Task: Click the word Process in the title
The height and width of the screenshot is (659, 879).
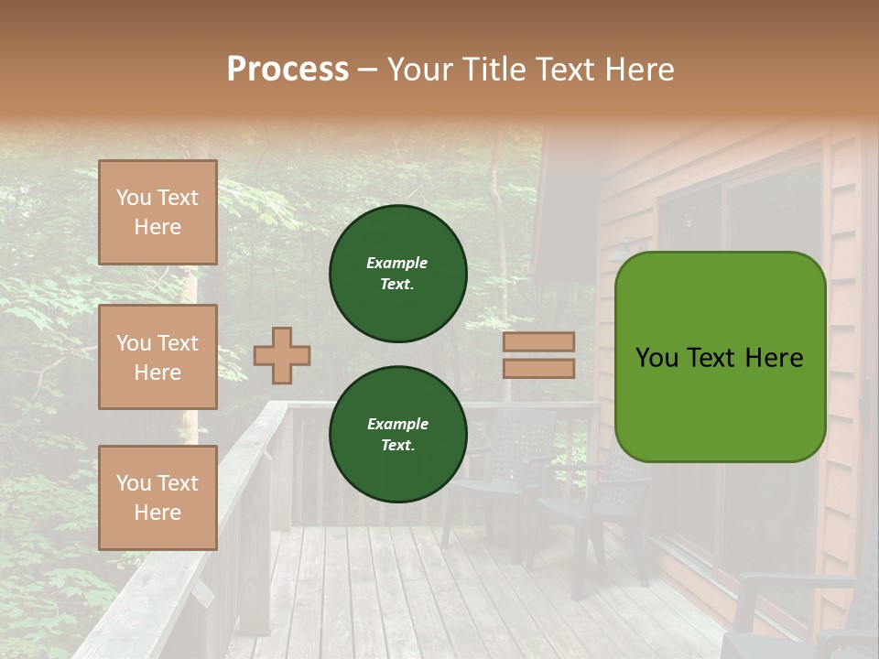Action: point(288,70)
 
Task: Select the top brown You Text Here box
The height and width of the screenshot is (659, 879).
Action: point(157,212)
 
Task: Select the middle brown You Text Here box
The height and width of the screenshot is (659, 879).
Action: point(157,357)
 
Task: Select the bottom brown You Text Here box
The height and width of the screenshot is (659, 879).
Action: point(157,497)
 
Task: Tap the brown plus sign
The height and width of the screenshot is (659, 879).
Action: point(282,355)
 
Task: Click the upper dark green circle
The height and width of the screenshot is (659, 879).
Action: point(397,273)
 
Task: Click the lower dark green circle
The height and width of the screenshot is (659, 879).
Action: point(397,434)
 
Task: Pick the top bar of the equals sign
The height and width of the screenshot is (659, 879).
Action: point(538,342)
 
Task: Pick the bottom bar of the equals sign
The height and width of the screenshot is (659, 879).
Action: point(538,368)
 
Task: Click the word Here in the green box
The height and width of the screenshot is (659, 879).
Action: point(774,358)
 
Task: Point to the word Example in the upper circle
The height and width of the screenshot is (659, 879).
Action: point(397,263)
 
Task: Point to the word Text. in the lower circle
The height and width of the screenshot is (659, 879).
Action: point(397,446)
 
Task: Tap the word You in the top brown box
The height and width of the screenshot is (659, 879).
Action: point(134,198)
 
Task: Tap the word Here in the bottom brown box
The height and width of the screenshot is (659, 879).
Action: point(157,513)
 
